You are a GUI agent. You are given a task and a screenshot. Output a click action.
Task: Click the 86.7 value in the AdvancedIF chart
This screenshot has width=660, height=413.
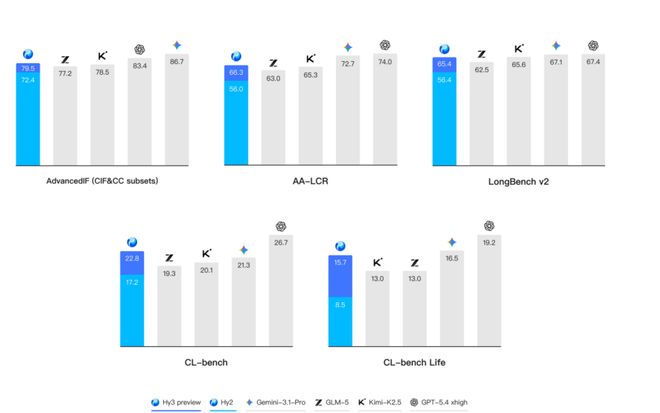click(x=177, y=62)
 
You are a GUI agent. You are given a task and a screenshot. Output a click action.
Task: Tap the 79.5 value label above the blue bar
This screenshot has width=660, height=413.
click(x=27, y=68)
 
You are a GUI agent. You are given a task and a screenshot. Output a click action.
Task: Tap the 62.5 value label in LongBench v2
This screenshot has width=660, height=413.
click(x=482, y=70)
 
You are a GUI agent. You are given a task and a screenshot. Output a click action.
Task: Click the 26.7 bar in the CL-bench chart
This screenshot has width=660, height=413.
click(x=280, y=290)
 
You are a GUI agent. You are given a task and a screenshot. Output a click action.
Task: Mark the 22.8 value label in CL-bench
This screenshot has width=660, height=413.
click(x=131, y=258)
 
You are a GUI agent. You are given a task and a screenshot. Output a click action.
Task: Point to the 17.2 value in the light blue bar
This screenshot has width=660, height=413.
click(x=131, y=283)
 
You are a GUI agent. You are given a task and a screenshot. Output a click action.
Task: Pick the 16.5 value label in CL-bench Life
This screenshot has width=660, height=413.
click(x=452, y=258)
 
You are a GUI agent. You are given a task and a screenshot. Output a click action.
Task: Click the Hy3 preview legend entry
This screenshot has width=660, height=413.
click(x=176, y=402)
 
